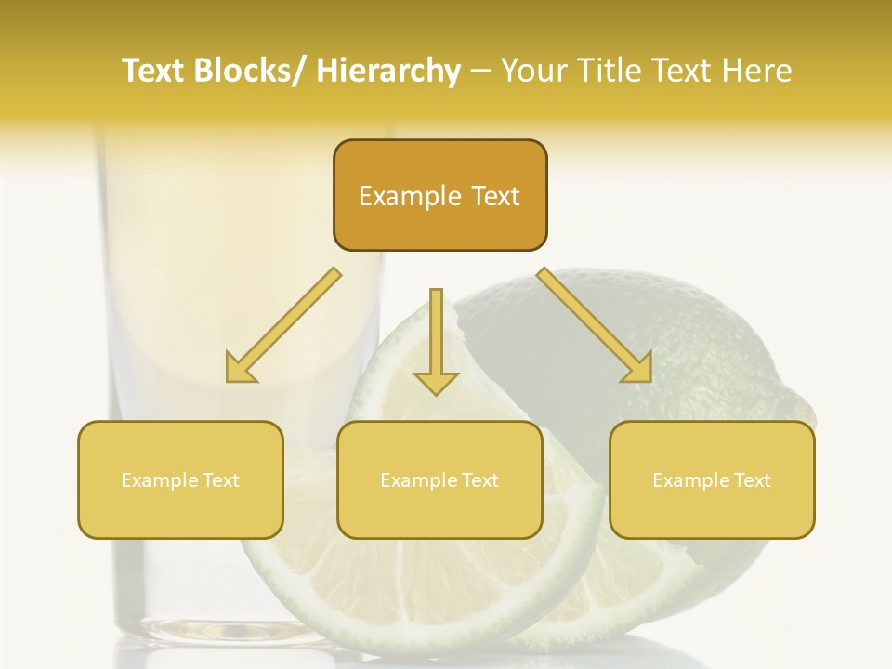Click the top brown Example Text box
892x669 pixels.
(x=439, y=195)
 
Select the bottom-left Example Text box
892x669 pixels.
(x=180, y=479)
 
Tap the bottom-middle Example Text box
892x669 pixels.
(x=439, y=479)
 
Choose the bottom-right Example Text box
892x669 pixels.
(x=712, y=479)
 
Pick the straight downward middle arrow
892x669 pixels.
(x=437, y=339)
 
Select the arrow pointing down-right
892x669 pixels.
(x=595, y=325)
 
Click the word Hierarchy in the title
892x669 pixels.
(x=388, y=71)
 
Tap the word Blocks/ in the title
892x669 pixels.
(x=245, y=71)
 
